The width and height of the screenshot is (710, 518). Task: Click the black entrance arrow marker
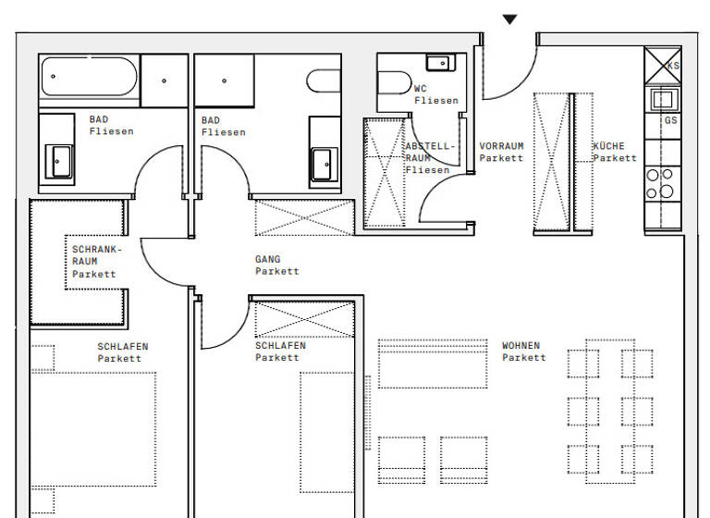click(x=509, y=19)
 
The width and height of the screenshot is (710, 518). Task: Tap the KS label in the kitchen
click(x=673, y=66)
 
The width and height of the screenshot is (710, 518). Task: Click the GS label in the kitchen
click(x=670, y=120)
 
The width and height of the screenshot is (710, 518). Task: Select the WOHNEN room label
click(x=523, y=351)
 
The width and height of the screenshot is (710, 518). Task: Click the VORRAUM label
click(x=501, y=152)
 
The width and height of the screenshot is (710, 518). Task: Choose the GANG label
click(x=276, y=265)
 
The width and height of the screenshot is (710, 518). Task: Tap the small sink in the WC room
click(x=438, y=63)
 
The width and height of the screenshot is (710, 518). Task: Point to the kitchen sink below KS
click(x=662, y=99)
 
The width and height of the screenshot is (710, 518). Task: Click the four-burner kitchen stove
click(x=660, y=183)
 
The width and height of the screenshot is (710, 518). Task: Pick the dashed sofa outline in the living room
click(x=432, y=364)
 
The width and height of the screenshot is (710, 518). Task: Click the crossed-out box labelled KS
click(x=662, y=65)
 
